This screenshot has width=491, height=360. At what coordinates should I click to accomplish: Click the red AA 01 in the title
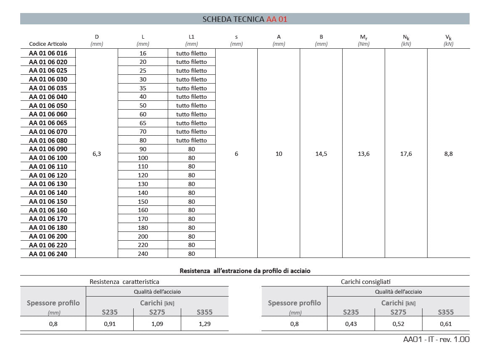[x=277, y=19]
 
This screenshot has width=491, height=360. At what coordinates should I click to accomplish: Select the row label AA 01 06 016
[x=48, y=53]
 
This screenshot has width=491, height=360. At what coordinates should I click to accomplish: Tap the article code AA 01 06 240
[x=48, y=254]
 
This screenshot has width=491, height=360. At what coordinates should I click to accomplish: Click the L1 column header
[x=192, y=37]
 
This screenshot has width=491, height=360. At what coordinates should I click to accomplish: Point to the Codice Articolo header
[x=48, y=44]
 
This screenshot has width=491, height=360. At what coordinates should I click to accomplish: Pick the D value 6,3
[x=97, y=154]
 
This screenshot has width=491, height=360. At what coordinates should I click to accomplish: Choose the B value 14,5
[x=321, y=154]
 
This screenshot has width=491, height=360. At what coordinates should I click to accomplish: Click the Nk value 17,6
[x=406, y=154]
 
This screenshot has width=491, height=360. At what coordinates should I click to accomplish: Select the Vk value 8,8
[x=449, y=154]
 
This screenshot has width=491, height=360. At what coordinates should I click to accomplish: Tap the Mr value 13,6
[x=364, y=154]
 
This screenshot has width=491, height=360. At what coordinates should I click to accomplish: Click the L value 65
[x=143, y=123]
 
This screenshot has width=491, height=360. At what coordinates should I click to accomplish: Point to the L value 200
[x=143, y=236]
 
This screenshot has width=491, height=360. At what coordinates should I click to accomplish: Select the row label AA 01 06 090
[x=48, y=149]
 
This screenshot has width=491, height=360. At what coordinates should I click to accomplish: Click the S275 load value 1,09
[x=157, y=324]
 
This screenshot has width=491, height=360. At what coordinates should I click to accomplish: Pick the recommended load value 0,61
[x=446, y=324]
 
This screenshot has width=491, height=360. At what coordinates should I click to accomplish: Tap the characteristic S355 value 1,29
[x=205, y=324]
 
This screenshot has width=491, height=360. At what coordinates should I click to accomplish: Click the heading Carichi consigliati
[x=365, y=282]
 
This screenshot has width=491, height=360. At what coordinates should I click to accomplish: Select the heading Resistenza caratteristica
[x=124, y=282]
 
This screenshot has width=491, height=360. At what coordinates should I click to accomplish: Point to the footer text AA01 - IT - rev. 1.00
[x=436, y=339]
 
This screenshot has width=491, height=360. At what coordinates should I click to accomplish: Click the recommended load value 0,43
[x=351, y=324]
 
